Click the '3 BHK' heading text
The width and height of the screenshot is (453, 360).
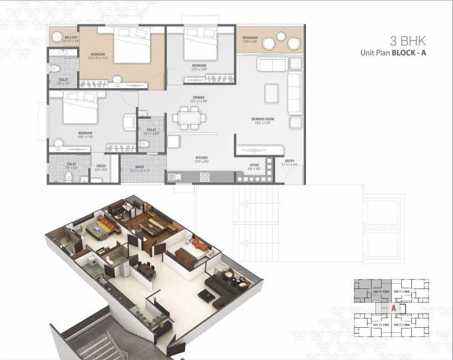(409, 41)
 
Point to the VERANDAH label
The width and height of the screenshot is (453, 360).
(249, 38)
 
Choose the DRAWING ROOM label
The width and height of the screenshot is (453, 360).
(263, 119)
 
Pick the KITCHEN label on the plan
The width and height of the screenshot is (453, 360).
(201, 158)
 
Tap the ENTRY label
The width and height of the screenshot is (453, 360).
(290, 161)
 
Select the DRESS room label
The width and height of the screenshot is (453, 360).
(101, 165)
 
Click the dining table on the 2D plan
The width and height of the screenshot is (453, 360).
(189, 118)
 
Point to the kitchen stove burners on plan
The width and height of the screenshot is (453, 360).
(203, 176)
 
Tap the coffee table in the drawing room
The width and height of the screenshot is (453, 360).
(271, 91)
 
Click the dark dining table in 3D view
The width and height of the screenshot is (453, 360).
(145, 270)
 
